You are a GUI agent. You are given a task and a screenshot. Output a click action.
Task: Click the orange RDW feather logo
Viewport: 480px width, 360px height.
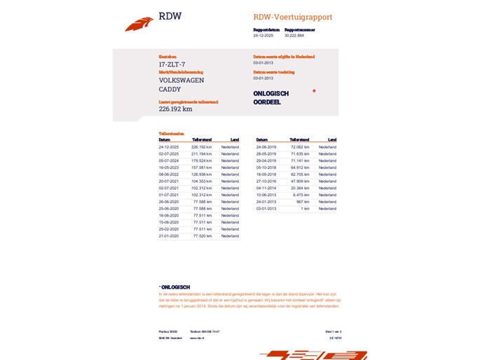coord(139,25)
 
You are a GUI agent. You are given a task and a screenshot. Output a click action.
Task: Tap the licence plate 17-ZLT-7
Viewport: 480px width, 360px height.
coord(172,64)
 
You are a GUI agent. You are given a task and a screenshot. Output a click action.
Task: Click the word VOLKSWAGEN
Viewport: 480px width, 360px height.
coord(181,81)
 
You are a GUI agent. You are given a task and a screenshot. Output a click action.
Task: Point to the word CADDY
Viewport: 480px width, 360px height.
coord(170,90)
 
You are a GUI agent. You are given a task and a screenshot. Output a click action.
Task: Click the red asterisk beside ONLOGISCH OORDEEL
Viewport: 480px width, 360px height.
coord(314,91)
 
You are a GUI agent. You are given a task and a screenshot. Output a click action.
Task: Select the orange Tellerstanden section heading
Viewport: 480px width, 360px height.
coord(172,133)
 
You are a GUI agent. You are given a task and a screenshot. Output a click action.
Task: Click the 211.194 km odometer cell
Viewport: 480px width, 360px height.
coord(201,154)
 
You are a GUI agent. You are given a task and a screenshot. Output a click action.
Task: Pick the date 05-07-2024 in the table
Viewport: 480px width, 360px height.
coord(170,161)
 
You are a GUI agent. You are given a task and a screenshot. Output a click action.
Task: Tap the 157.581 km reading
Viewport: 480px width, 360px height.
coord(201,168)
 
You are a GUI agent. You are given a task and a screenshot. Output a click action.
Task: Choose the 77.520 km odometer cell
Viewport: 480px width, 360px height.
coord(203,236)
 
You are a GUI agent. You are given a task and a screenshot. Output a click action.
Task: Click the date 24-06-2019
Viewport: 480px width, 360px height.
coord(267,147)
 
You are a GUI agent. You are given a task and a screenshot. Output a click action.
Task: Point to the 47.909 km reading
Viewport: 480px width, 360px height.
coord(300,181)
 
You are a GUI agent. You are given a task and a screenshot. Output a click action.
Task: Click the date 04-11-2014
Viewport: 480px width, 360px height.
coord(267,188)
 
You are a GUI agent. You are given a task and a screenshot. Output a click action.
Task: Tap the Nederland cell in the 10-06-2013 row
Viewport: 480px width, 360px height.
coord(327,195)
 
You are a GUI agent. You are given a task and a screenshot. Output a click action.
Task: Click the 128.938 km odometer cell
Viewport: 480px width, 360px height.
coord(201,174)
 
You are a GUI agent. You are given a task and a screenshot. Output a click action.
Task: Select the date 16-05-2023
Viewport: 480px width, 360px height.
coord(170,168)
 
